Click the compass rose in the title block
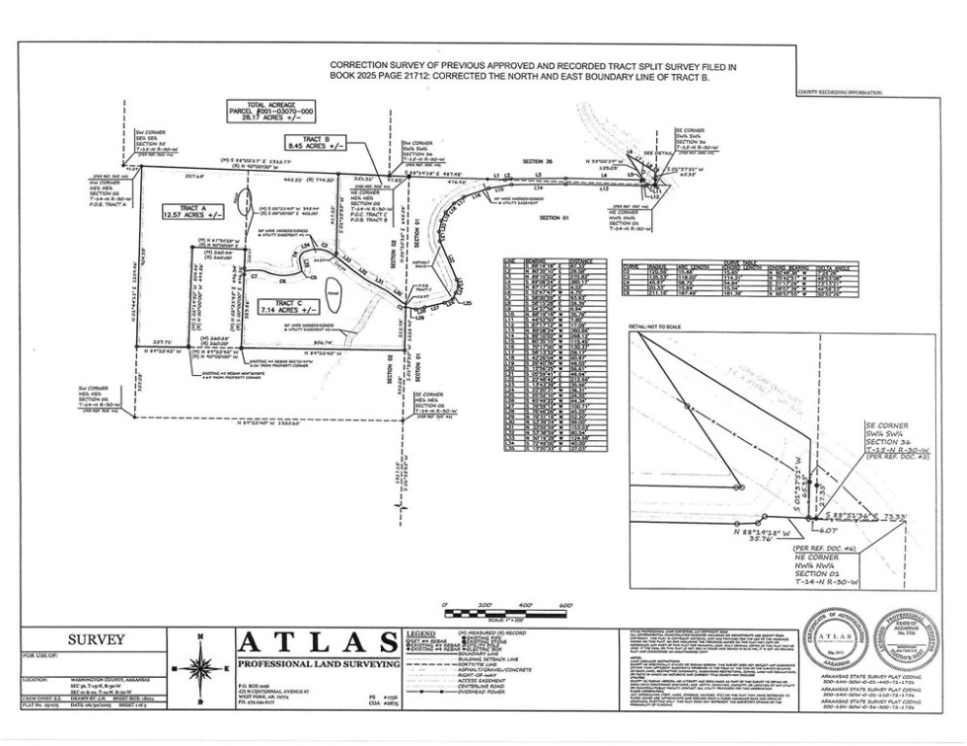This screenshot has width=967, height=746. point(200,669)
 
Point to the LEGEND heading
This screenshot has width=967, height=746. point(420,633)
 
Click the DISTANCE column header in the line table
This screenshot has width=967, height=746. point(580,261)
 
